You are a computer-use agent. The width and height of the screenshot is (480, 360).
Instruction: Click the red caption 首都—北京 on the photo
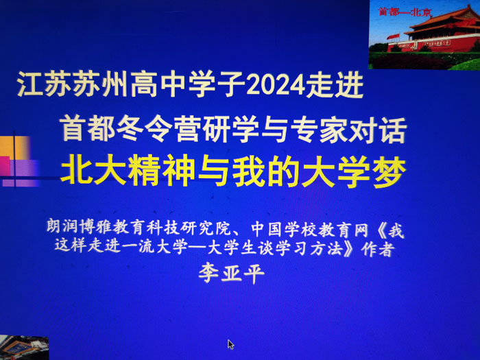405,12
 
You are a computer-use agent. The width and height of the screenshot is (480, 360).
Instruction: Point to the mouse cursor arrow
231,344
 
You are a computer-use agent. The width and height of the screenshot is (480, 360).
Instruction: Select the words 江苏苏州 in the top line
72,85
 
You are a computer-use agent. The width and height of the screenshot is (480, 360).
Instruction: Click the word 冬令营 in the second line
145,129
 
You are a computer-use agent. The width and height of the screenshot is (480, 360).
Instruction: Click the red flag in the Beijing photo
393,36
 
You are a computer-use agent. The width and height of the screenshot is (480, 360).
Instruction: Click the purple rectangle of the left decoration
23,173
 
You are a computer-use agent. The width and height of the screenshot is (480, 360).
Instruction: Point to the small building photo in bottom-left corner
24,348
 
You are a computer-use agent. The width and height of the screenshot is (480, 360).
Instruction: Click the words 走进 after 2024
335,85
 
